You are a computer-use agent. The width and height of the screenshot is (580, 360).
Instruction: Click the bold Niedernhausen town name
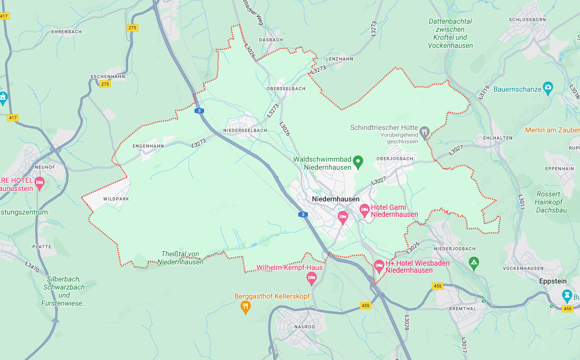click(x=336, y=199)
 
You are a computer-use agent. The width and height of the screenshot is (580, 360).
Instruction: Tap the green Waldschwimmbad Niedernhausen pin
click(x=358, y=162)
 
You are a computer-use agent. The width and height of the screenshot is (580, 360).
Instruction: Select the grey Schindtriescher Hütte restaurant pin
click(x=424, y=132)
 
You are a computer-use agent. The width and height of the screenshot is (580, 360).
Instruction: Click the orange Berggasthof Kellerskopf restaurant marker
click(x=245, y=307)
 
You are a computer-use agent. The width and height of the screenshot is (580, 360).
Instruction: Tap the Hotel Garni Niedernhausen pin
click(x=364, y=210)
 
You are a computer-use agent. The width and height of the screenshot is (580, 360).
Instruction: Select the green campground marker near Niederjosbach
click(x=473, y=262)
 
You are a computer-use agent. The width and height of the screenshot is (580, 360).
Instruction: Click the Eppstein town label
click(x=553, y=281)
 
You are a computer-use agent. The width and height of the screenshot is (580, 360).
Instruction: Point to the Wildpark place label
click(x=116, y=199)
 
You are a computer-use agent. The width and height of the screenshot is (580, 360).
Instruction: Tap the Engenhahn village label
click(x=148, y=146)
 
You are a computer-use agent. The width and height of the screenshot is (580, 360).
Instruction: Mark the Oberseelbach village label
click(x=286, y=89)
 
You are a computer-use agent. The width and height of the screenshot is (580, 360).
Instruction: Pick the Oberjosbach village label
click(x=395, y=159)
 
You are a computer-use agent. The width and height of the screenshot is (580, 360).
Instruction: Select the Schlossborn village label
click(x=528, y=20)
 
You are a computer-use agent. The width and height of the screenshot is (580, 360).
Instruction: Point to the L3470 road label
click(x=32, y=266)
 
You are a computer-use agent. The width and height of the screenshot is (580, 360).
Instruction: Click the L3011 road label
click(x=522, y=202)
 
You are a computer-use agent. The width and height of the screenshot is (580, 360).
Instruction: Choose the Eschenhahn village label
click(x=107, y=76)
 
